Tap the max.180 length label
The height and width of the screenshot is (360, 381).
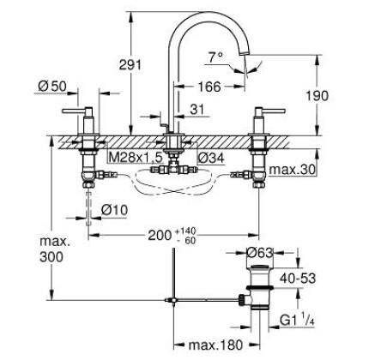tap(214, 345)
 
